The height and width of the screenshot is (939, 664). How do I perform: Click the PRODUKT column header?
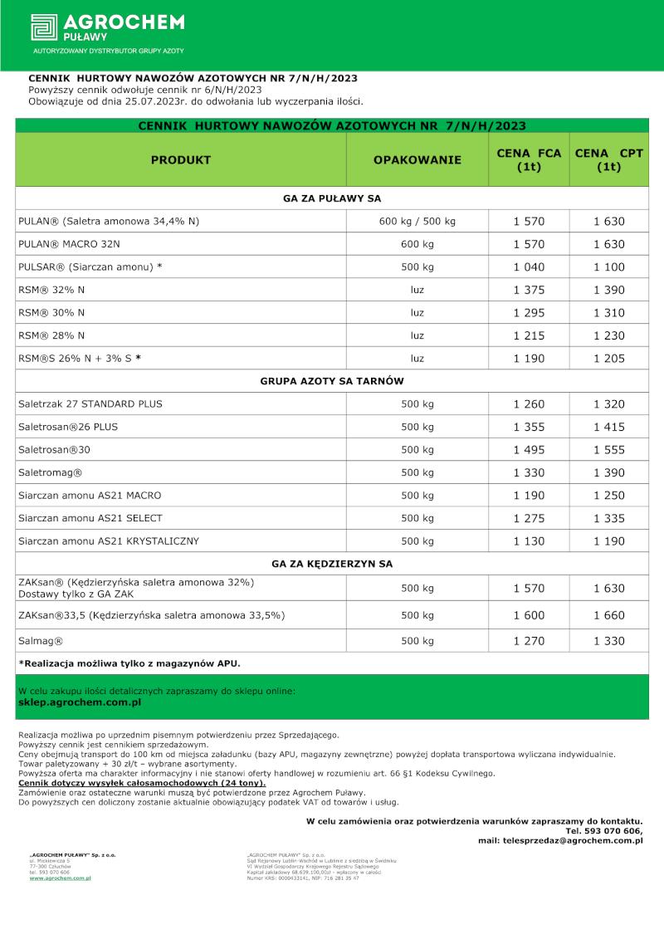(x=180, y=159)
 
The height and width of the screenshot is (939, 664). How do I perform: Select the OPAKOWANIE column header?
(x=417, y=159)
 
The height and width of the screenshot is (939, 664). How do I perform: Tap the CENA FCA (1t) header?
(x=529, y=159)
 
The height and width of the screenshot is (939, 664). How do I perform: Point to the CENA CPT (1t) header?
(x=609, y=159)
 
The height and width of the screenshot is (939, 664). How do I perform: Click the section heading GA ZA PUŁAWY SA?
(x=332, y=198)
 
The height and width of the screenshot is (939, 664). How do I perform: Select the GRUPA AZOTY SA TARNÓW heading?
(x=332, y=381)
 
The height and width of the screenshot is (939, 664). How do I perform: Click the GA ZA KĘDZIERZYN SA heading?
(x=332, y=564)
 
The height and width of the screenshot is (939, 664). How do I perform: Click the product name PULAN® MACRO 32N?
(x=69, y=244)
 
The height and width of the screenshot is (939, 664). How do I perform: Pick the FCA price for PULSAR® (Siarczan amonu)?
(x=529, y=267)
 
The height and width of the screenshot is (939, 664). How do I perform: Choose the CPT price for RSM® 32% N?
(x=609, y=290)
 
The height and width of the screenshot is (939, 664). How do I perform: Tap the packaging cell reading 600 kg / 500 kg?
(x=417, y=222)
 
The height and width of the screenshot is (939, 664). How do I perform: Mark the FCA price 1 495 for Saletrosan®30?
(x=529, y=449)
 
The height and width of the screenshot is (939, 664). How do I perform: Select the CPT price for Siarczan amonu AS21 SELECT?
(x=609, y=518)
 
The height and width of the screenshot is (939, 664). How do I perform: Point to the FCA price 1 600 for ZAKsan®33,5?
(x=529, y=616)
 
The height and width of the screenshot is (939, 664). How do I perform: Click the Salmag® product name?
(x=41, y=642)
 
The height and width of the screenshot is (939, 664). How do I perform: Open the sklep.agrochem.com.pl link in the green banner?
(x=79, y=702)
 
